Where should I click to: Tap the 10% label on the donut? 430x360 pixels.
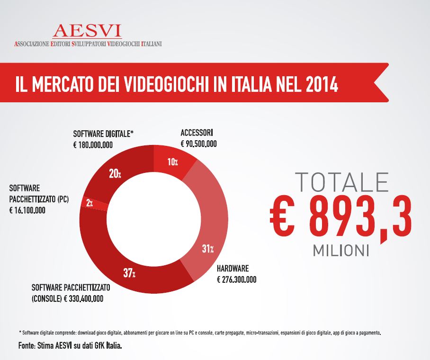[x=173, y=162]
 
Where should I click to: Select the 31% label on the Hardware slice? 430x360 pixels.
[x=208, y=249]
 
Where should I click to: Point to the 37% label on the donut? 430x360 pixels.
[x=130, y=274]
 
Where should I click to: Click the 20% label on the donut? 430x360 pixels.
[x=115, y=174]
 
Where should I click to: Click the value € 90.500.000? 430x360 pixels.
[x=199, y=144]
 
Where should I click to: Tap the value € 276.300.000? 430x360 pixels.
[x=236, y=279]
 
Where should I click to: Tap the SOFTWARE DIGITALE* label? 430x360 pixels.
[x=103, y=135]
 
